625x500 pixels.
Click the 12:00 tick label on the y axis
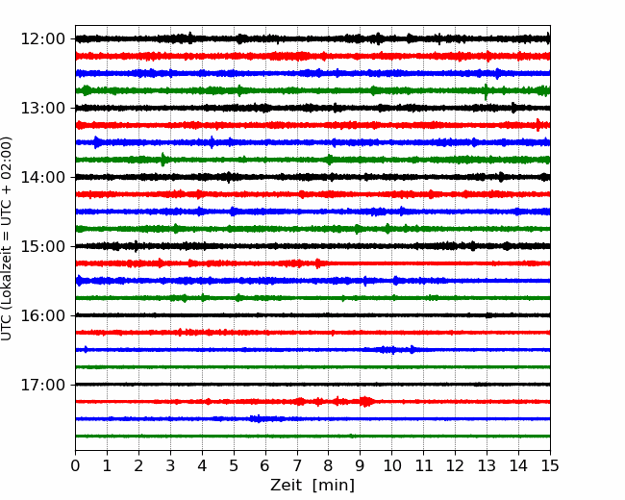pyautogui.click(x=42, y=39)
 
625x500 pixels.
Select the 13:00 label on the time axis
pyautogui.click(x=42, y=108)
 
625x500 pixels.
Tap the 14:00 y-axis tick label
pyautogui.click(x=42, y=177)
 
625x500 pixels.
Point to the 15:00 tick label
pyautogui.click(x=42, y=246)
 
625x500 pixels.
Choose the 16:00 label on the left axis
pyautogui.click(x=42, y=315)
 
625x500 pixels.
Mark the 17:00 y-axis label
pyautogui.click(x=42, y=385)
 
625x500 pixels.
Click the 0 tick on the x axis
pyautogui.click(x=75, y=465)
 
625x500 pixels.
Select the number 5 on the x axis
pyautogui.click(x=234, y=465)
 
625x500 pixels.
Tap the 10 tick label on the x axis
pyautogui.click(x=391, y=465)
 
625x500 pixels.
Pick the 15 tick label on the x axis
pyautogui.click(x=550, y=465)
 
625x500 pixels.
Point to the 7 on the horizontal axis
pyautogui.click(x=297, y=465)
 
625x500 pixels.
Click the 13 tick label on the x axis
pyautogui.click(x=487, y=465)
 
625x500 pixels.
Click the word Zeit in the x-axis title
pyautogui.click(x=287, y=485)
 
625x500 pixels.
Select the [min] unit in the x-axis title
pyautogui.click(x=334, y=486)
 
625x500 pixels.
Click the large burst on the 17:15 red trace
pyautogui.click(x=366, y=401)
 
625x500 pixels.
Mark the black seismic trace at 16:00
pyautogui.click(x=312, y=315)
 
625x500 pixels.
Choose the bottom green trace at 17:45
pyautogui.click(x=312, y=437)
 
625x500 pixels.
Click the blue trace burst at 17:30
pyautogui.click(x=259, y=418)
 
